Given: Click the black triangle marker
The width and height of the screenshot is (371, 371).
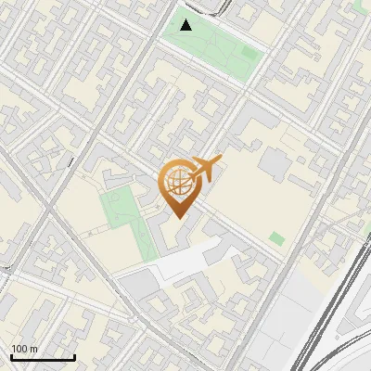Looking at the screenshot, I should tap(186, 25).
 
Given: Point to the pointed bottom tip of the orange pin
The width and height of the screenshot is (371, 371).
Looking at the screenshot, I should tap(177, 217).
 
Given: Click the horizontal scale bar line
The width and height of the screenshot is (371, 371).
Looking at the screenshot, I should tap(42, 358).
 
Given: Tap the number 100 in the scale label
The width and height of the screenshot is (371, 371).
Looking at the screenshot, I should tap(20, 349).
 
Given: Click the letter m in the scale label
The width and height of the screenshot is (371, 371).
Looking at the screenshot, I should tap(34, 349).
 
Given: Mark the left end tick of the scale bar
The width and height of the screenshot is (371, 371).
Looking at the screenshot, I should tap(11, 356).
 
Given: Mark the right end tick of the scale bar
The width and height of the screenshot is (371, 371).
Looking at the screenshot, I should tap(74, 356).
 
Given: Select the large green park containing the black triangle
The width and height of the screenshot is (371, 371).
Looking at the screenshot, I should tap(209, 42).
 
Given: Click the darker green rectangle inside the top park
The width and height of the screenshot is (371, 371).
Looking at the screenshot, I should tap(249, 53).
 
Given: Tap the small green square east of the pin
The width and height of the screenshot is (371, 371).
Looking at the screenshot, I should tap(276, 239).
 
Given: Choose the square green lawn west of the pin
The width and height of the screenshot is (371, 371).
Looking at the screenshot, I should tap(118, 206).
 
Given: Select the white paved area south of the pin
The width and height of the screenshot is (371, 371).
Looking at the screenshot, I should tap(185, 263).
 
